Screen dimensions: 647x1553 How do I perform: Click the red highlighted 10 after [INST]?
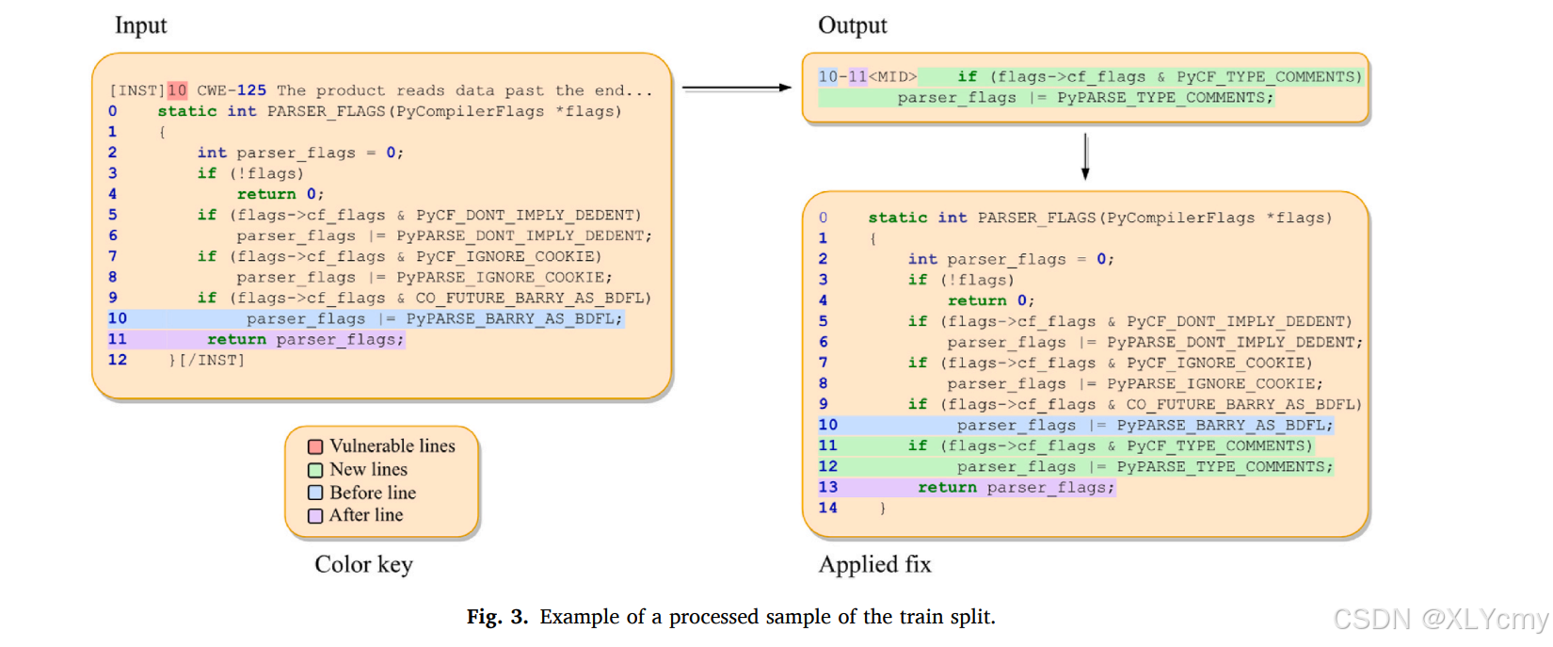click(177, 90)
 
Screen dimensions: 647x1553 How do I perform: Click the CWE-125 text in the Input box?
click(232, 90)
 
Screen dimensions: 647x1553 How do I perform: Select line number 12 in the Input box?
click(117, 360)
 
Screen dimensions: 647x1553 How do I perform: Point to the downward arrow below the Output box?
click(1085, 156)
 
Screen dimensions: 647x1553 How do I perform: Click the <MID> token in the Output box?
click(892, 76)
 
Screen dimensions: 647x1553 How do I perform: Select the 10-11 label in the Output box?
click(842, 76)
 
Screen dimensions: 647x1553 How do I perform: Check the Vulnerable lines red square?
click(315, 446)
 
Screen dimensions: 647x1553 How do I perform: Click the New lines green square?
click(315, 470)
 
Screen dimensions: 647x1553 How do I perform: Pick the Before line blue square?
click(315, 493)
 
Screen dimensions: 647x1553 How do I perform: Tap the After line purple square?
click(315, 515)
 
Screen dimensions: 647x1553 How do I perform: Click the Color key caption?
click(363, 564)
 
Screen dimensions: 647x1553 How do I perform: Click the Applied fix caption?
click(874, 564)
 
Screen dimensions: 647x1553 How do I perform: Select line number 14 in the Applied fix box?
click(827, 508)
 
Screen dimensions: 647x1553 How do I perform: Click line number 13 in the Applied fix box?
click(827, 487)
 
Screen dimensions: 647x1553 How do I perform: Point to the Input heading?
click(140, 25)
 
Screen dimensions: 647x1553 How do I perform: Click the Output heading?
click(852, 25)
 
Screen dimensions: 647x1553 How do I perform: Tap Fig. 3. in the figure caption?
click(497, 617)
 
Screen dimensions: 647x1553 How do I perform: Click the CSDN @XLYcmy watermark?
click(1440, 619)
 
